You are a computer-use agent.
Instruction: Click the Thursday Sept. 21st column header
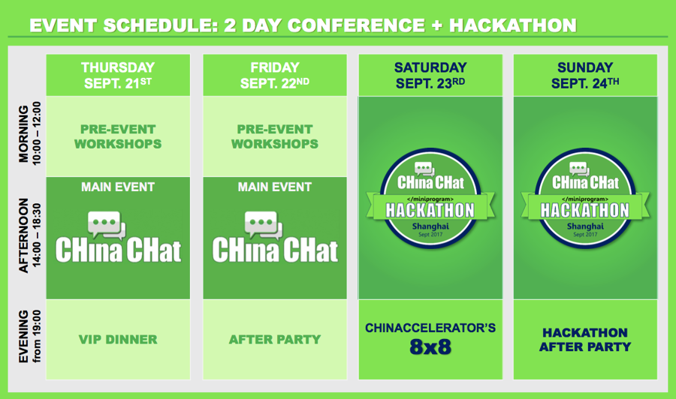(x=118, y=75)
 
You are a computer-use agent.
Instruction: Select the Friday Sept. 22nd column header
(x=275, y=75)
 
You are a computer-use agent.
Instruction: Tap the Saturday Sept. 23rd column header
(x=430, y=75)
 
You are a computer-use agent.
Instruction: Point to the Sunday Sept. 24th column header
(x=585, y=75)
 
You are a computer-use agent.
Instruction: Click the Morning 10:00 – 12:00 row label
(x=29, y=133)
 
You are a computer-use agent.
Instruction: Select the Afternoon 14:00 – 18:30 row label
(x=29, y=235)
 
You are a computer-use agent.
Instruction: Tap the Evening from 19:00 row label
(x=29, y=336)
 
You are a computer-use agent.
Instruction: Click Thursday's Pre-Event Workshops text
(x=118, y=136)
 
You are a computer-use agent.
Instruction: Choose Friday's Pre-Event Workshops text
(x=275, y=136)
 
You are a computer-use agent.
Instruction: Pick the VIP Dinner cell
(x=118, y=340)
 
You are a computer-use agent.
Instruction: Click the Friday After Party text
(x=275, y=340)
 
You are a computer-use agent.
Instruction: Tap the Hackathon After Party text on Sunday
(x=585, y=340)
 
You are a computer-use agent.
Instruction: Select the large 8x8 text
(x=430, y=347)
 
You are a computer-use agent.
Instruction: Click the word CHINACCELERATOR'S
(x=430, y=328)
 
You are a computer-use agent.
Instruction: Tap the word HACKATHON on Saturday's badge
(x=430, y=211)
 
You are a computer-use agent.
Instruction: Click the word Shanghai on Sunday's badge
(x=585, y=226)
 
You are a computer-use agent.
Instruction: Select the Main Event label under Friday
(x=275, y=187)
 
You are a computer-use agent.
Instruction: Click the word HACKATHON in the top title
(x=512, y=25)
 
